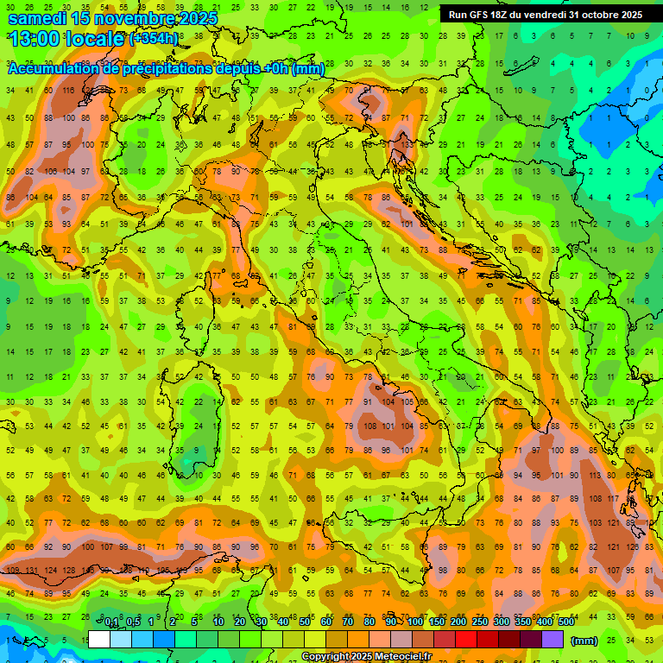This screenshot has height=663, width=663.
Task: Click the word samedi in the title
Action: (38, 17)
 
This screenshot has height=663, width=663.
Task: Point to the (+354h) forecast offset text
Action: (154, 39)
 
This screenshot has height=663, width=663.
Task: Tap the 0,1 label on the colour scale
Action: (111, 622)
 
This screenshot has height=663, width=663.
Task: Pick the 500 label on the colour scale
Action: (565, 622)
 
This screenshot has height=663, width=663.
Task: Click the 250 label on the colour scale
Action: (479, 622)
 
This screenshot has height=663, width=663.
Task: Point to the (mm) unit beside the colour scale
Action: (584, 641)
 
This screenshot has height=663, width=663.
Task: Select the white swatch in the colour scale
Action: (99, 640)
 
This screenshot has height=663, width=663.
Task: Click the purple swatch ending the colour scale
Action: (552, 640)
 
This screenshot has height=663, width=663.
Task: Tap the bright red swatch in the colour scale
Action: (466, 640)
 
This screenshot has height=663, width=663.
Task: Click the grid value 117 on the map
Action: (615, 499)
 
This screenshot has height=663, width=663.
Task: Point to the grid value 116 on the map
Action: (68, 91)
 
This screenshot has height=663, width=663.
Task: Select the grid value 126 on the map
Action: (635, 546)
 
